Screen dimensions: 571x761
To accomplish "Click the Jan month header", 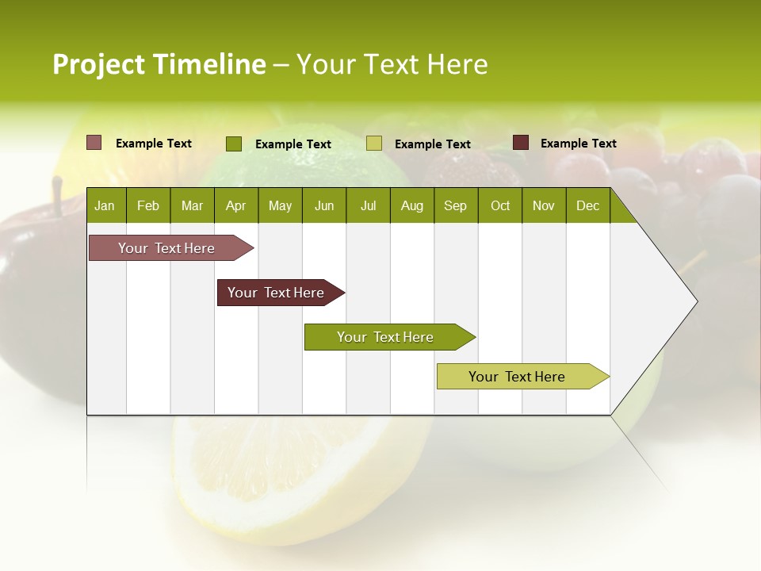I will pos(105,205).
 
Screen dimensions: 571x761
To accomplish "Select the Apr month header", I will pos(236,205).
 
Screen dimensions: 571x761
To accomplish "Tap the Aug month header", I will pos(411,205).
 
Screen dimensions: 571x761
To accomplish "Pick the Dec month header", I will pos(587,205).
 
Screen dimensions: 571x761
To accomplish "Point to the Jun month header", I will pos(324,205).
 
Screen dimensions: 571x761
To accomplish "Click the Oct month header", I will pos(500,205).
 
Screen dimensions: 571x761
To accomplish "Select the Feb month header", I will pos(148,205).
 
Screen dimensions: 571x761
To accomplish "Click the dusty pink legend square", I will pos(94,143).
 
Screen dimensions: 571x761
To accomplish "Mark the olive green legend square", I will pos(234,144).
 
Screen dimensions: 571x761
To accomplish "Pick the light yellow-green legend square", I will pos(374,144).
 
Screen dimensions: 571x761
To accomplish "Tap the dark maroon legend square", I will pos(521,143).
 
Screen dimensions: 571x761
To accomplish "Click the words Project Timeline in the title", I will pos(159,64).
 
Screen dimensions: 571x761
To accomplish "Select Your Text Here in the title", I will pos(392,64).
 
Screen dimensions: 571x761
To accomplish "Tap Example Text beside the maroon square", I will pos(578,144).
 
